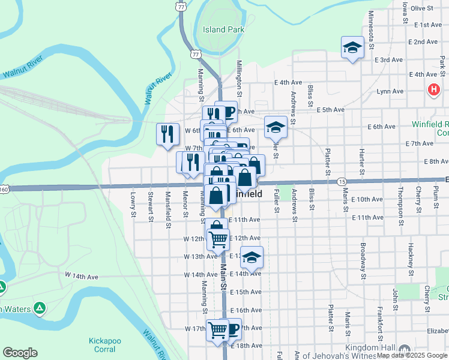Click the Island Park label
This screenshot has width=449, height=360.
pyautogui.click(x=223, y=29)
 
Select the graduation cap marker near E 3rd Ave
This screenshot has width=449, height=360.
pyautogui.click(x=352, y=48)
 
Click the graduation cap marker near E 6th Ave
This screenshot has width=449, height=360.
pyautogui.click(x=276, y=127)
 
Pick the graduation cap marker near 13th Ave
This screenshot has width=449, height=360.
pyautogui.click(x=252, y=257)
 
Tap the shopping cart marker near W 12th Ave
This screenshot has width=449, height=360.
pyautogui.click(x=218, y=239)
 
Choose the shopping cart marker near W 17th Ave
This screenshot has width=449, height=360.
pyautogui.click(x=217, y=329)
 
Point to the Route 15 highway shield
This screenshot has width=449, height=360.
pyautogui.click(x=342, y=181)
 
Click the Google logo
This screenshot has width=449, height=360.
pyautogui.click(x=20, y=353)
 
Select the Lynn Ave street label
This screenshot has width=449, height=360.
pyautogui.click(x=390, y=92)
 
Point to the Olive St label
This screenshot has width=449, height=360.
pyautogui.click(x=422, y=8)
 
